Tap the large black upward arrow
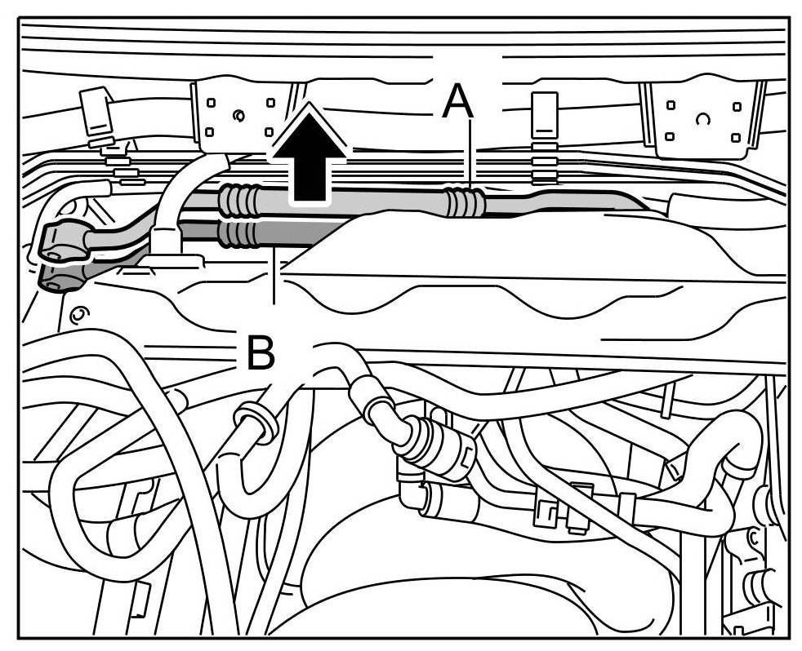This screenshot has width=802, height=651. [310, 155]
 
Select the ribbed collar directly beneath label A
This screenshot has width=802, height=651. [464, 202]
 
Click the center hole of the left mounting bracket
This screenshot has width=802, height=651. [239, 113]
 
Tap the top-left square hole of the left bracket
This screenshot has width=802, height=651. [211, 104]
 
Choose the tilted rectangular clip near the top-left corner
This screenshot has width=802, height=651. [96, 113]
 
